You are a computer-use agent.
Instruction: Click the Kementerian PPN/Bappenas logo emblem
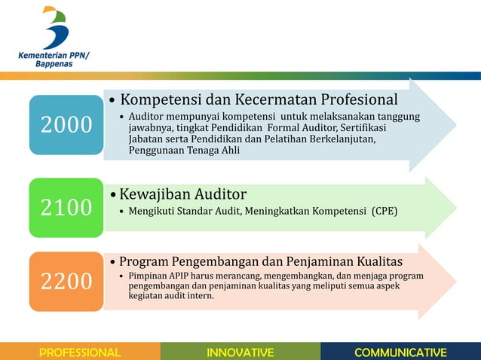55,27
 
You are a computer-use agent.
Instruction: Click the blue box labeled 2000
66,124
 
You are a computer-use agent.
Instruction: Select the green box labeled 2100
66,207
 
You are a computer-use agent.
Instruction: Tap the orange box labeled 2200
66,281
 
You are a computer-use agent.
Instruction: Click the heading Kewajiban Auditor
183,194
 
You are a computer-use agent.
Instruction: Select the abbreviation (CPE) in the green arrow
384,211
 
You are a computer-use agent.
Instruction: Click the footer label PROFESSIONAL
80,352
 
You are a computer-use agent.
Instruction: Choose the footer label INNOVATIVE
240,352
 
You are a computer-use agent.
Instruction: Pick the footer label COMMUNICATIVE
400,352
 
